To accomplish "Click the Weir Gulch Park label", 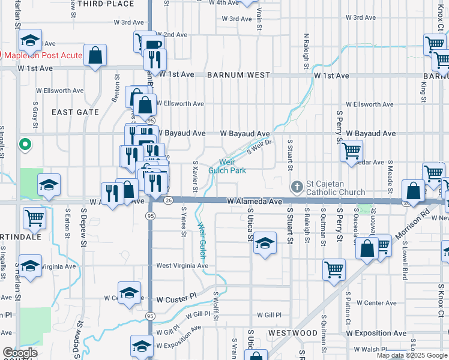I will tap(226, 166).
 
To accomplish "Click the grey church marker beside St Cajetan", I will tap(296, 185).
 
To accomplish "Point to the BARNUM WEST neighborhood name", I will tap(239, 76).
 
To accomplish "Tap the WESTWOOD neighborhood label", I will tap(293, 332).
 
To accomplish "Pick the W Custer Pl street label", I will tap(176, 298).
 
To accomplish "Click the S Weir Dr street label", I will tap(259, 146).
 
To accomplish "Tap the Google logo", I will tap(20, 353).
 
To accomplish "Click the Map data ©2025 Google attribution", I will tap(412, 355).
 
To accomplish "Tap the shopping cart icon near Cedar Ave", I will tap(352, 151).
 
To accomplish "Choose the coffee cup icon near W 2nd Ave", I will tap(153, 44).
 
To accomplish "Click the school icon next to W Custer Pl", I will tap(128, 292).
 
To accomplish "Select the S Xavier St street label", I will tap(195, 176).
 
